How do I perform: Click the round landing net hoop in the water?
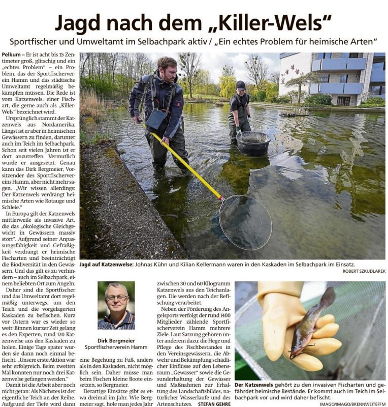pos(245,222)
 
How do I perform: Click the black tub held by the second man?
pos(253,143)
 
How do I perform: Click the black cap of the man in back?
pos(240,85)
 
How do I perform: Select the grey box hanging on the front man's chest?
pos(155,120)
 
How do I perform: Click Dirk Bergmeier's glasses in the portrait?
pos(116,298)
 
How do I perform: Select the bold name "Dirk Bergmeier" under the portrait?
pos(116,340)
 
